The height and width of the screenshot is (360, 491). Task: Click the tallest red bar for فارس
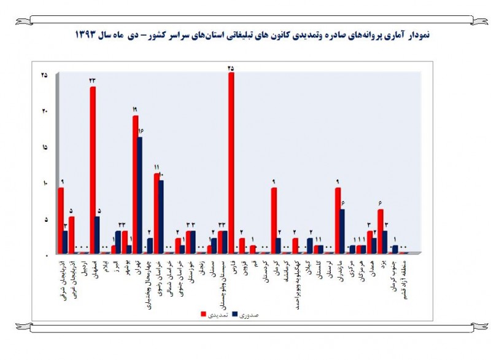tap(231, 163)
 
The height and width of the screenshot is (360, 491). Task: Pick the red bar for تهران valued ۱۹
tap(135, 184)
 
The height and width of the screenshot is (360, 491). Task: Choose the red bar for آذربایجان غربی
tap(72, 235)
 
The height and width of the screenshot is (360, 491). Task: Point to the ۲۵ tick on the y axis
tap(44, 75)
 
